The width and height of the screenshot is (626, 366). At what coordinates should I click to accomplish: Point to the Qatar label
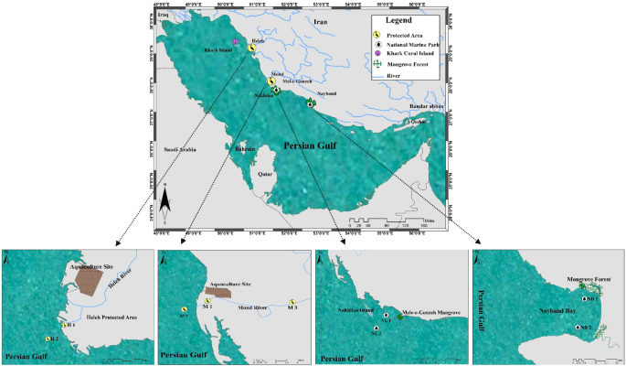click(x=266, y=171)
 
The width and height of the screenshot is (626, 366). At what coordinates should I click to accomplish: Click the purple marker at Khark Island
click(x=236, y=43)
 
